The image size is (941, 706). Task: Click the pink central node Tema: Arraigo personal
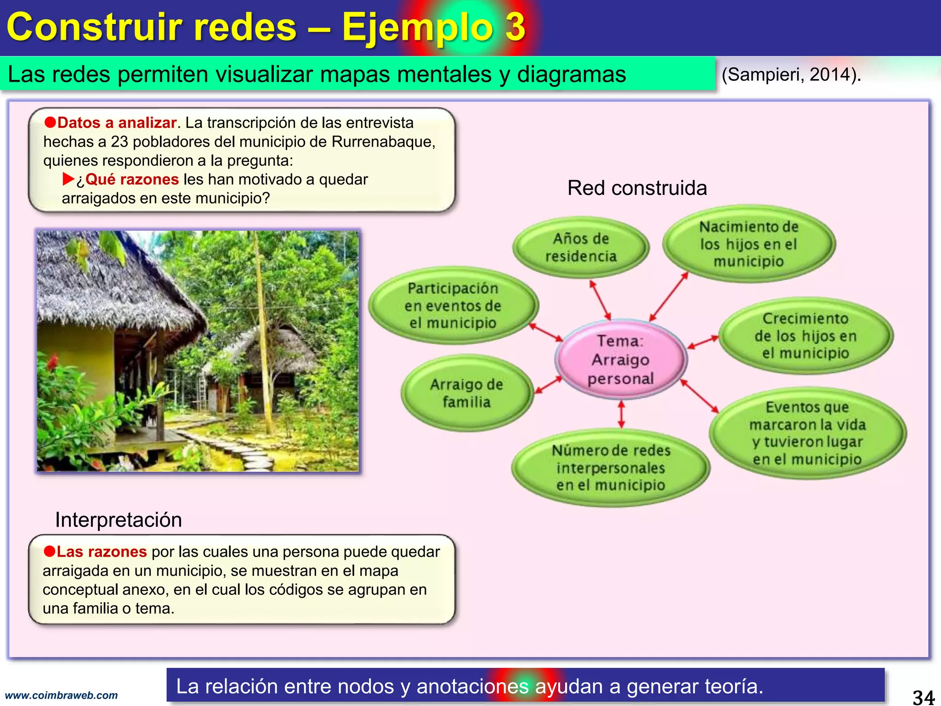[x=621, y=359]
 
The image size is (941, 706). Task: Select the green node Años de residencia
[x=581, y=247]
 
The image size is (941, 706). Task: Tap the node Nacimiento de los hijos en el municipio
[x=748, y=244]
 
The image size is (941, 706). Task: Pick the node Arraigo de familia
[x=466, y=393]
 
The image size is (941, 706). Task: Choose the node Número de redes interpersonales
[x=611, y=467]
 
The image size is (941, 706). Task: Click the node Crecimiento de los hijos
[x=805, y=336]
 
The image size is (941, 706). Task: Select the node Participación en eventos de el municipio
[x=453, y=305]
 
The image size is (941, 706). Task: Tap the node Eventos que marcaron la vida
[x=807, y=433]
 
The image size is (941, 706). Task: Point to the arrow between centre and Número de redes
[x=621, y=414]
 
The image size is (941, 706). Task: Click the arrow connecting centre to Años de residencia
[x=600, y=300]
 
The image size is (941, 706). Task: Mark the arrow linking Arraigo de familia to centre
[x=549, y=385]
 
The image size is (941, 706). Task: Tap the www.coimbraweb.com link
[x=61, y=695]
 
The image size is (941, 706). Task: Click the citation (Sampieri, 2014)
[x=791, y=74]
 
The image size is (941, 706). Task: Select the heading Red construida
[x=637, y=188]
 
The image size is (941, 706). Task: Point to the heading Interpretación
[x=119, y=520]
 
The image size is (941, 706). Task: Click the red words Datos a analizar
[x=117, y=123]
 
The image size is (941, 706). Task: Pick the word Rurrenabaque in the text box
[x=382, y=142]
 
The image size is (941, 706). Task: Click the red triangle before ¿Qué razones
[x=68, y=179]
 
